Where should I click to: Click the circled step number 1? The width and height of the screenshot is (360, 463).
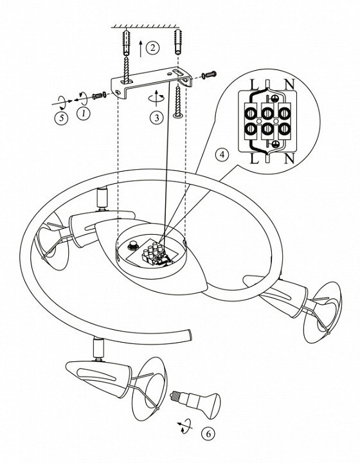click(83, 113)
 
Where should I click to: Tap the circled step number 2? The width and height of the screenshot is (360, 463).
click(152, 48)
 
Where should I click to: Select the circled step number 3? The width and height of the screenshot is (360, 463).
click(156, 117)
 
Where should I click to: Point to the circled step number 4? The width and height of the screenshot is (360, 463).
click(222, 154)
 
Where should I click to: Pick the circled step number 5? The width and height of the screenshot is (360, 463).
click(61, 118)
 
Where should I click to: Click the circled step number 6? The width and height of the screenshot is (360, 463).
click(208, 434)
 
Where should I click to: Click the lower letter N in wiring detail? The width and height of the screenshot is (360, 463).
click(289, 159)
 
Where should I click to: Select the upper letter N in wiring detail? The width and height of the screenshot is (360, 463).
click(289, 84)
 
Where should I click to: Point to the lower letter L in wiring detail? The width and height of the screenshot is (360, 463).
click(255, 159)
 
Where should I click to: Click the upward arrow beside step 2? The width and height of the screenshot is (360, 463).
click(141, 48)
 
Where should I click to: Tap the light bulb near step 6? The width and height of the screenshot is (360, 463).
click(195, 404)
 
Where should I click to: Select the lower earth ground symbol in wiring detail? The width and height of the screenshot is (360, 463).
click(274, 144)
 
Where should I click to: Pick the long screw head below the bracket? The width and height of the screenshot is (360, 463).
click(178, 115)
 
